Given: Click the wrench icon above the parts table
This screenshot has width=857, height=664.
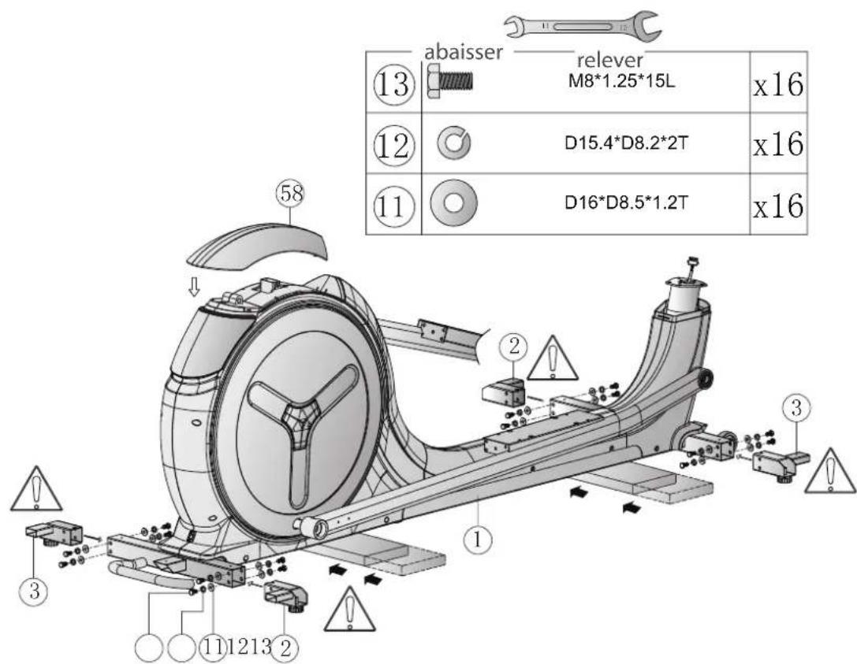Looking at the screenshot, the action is pos(582,26).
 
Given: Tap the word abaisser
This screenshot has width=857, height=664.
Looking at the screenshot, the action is pos(463,53).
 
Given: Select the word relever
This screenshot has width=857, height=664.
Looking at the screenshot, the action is pos(610,60).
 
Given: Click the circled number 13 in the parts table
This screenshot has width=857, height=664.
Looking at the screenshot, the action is pos(393,85).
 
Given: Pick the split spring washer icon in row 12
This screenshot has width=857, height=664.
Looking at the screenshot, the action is pos(453,143).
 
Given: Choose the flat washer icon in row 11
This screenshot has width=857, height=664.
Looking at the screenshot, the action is pos(453,203).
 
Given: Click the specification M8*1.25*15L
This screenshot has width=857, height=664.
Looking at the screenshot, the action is pos(621,82).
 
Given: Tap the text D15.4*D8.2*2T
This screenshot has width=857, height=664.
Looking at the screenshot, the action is pos(626,143).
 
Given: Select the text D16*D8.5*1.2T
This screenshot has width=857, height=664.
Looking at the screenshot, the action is pos(626,202).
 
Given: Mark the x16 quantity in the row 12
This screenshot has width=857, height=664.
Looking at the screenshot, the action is pos(778,144).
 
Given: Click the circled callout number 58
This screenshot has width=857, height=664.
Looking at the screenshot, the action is pos(290,194).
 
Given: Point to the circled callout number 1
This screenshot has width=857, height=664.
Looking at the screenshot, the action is pos(478,540).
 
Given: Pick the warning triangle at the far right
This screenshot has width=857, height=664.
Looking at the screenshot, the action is pos(831,471).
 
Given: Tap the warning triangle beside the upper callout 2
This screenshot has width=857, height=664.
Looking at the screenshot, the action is pos(553,358).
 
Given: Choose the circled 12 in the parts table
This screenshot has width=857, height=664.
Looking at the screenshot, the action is pos(393,145).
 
